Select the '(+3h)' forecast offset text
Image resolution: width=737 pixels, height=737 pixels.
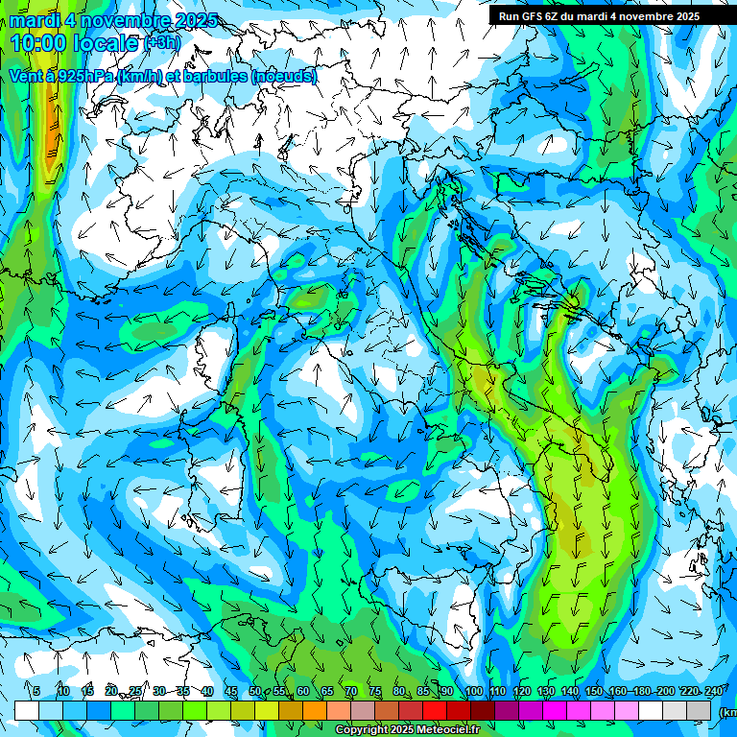pyautogui.click(x=160, y=43)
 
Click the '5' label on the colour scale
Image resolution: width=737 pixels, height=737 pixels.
pyautogui.click(x=36, y=691)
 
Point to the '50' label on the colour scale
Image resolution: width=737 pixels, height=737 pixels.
pyautogui.click(x=255, y=691)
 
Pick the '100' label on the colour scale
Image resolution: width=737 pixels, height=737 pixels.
pyautogui.click(x=474, y=691)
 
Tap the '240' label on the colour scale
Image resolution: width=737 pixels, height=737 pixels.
pyautogui.click(x=713, y=691)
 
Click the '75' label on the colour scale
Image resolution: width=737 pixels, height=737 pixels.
pyautogui.click(x=376, y=691)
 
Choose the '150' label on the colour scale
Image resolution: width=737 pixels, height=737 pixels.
pyautogui.click(x=594, y=691)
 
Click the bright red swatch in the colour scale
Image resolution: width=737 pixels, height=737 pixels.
pyautogui.click(x=435, y=710)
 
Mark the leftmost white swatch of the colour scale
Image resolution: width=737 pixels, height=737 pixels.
pyautogui.click(x=27, y=710)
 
